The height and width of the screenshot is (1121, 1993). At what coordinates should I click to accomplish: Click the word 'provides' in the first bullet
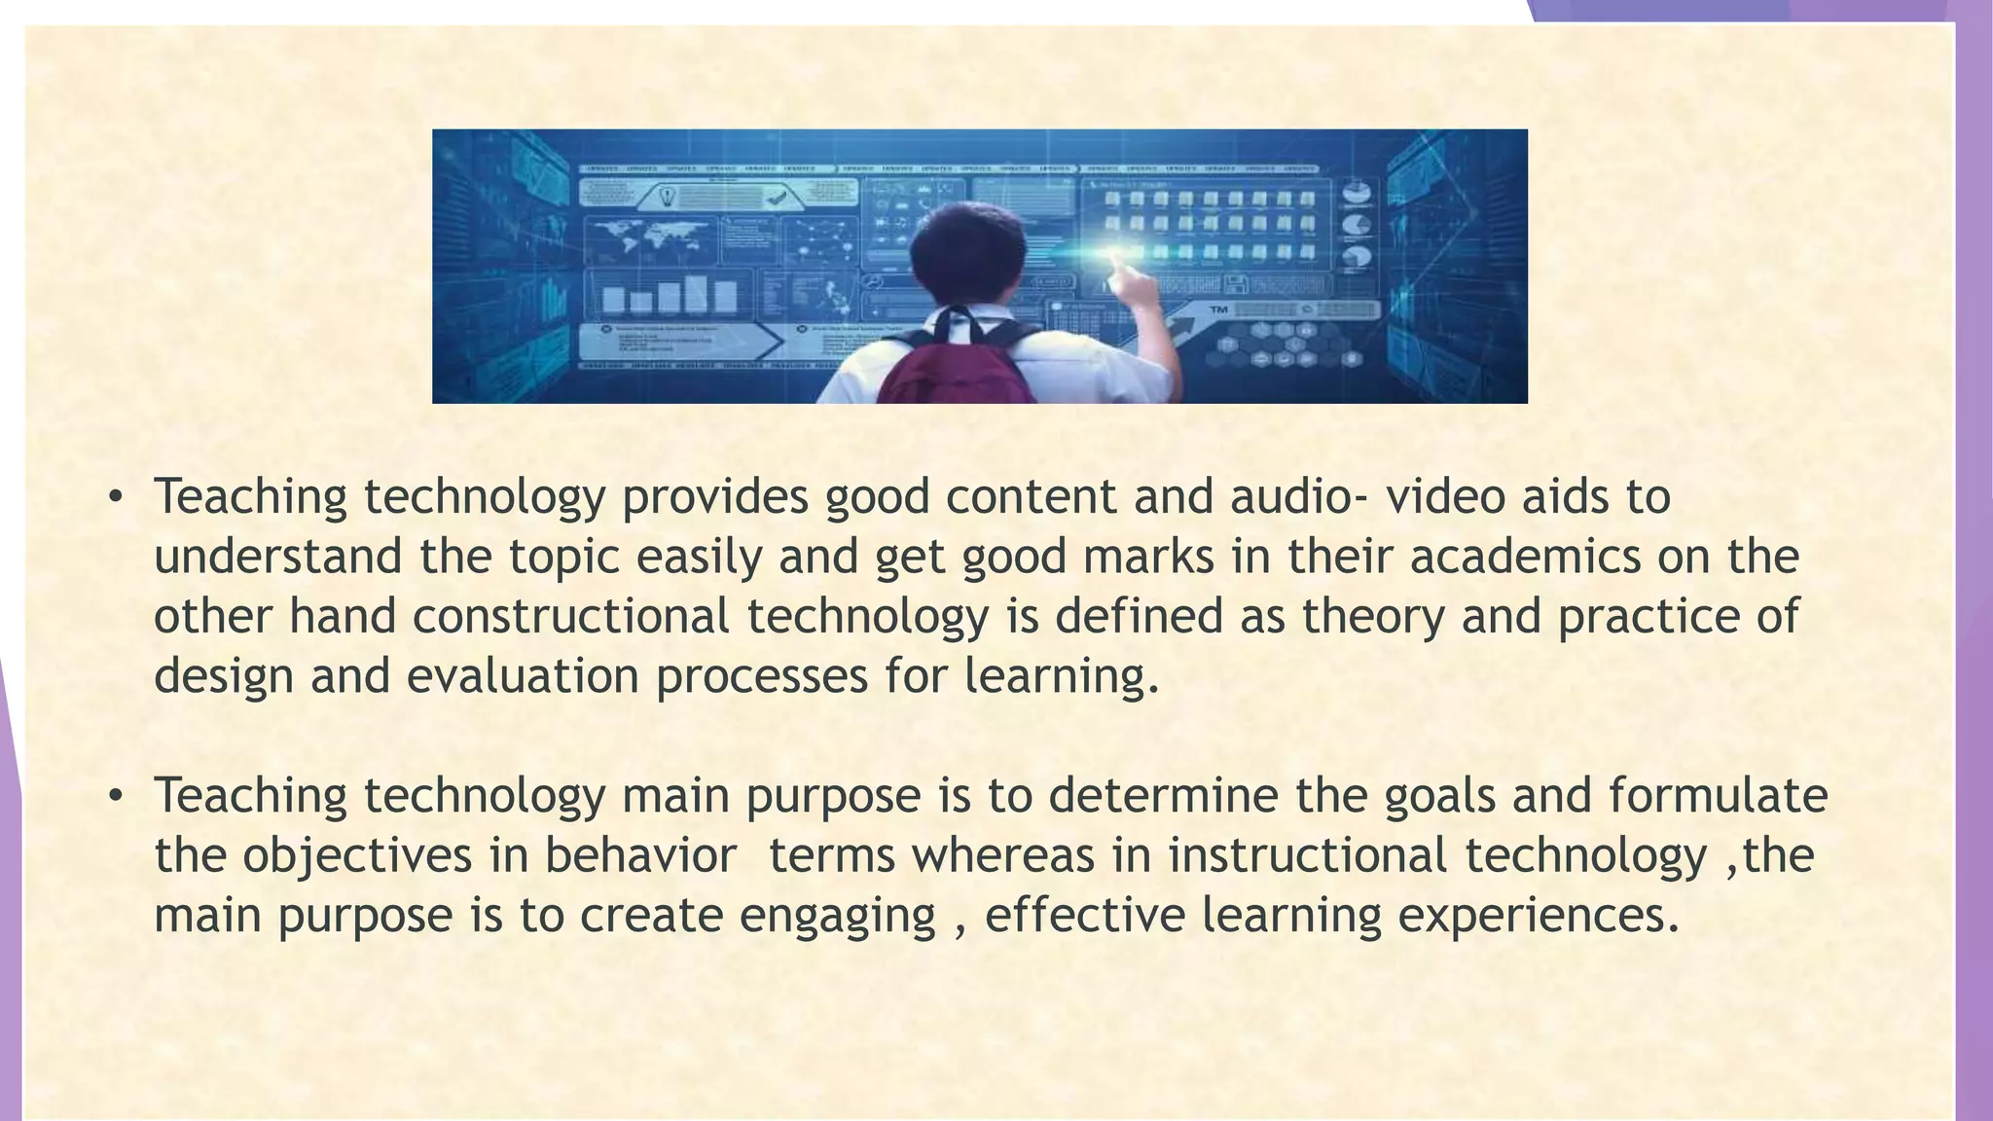pos(715,497)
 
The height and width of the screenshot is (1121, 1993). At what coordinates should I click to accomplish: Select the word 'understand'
pos(277,558)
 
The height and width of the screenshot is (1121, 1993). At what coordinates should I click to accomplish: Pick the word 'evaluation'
pos(523,676)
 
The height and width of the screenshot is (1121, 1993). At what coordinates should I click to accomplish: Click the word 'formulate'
pos(1719,796)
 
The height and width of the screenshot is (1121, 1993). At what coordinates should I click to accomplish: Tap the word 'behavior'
pos(639,855)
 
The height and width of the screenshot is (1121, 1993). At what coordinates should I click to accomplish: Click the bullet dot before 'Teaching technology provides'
pos(116,498)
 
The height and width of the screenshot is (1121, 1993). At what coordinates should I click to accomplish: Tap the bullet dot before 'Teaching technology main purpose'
pos(116,797)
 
